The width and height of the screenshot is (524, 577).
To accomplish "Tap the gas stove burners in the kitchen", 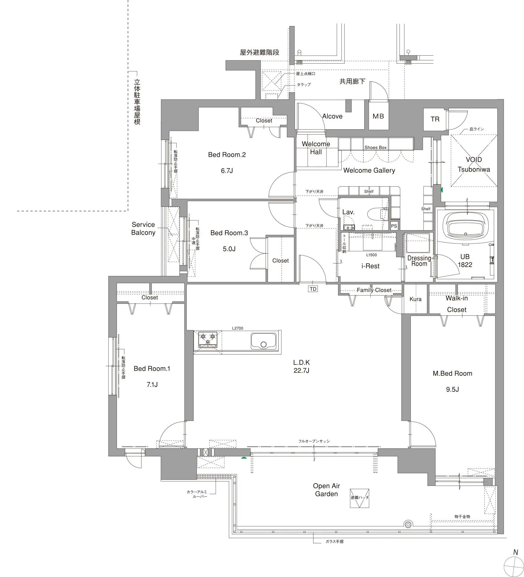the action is (x=208, y=339).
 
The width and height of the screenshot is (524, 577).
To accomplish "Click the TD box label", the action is (x=313, y=289).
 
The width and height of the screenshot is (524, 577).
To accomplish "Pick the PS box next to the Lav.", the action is (x=394, y=226).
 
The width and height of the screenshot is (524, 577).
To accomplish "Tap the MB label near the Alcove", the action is (x=378, y=116).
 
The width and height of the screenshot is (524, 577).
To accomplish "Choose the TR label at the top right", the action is (x=435, y=119).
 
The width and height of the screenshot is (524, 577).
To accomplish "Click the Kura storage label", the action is (x=415, y=299).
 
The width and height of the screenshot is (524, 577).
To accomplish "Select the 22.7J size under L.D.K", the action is (x=301, y=370).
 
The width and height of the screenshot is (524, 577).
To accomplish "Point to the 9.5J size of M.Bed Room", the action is (x=452, y=389).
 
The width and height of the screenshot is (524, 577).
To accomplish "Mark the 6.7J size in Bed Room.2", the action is (x=227, y=171).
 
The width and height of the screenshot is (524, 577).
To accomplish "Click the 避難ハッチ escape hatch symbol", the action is (x=359, y=498).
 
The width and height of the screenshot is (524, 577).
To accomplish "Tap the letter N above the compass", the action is (x=515, y=552).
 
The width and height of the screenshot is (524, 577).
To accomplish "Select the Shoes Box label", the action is (x=375, y=147).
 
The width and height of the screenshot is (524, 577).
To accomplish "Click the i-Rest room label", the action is (x=370, y=266).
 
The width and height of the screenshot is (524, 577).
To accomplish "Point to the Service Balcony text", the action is (x=143, y=228).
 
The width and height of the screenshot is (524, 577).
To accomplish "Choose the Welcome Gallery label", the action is (x=369, y=170).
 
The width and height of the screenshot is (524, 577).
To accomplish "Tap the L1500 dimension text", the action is (x=372, y=255).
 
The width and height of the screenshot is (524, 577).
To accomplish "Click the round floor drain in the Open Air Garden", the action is (x=408, y=525).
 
